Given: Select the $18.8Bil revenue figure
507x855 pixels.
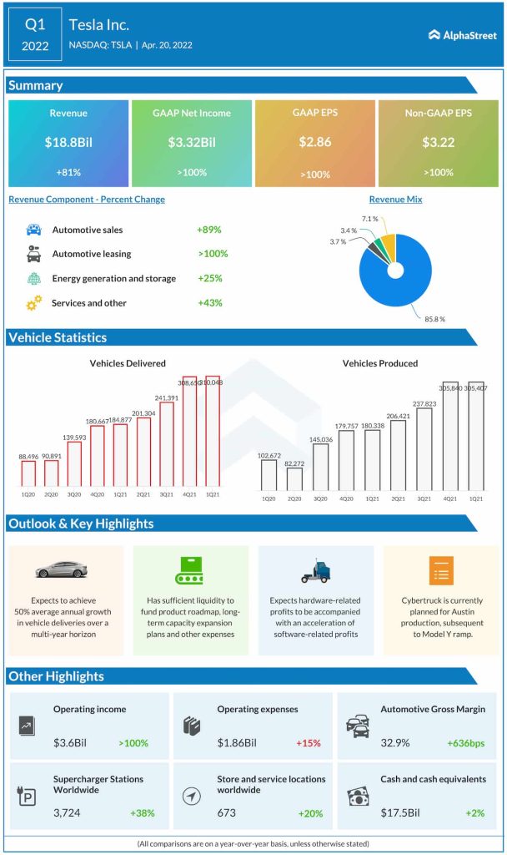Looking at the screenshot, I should click(68, 143).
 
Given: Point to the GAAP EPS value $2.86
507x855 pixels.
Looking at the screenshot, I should click(316, 143).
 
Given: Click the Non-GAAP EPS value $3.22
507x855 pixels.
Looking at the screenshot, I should click(439, 143).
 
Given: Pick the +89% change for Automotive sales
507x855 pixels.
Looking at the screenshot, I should click(209, 230).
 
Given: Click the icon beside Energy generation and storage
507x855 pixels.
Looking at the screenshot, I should click(33, 279).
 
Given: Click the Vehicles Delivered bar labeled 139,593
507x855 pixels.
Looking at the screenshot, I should click(74, 464).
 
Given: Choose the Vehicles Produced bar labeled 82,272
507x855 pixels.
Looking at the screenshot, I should click(294, 478).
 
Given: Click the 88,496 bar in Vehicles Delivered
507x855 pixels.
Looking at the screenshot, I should click(28, 473).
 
